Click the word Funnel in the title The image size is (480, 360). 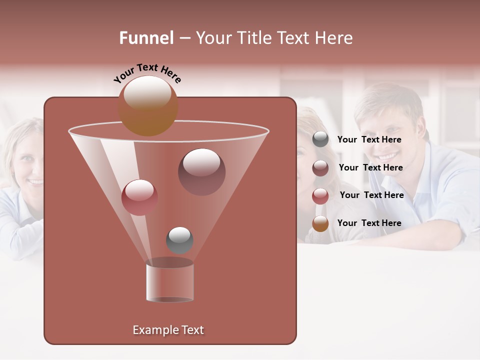[146, 38]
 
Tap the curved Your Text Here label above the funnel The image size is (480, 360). [147, 73]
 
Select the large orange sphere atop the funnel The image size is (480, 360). [148, 106]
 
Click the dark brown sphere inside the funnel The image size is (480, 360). [201, 171]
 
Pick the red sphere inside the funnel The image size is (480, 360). [139, 197]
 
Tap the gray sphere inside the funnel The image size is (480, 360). [179, 240]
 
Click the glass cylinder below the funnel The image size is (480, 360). [169, 281]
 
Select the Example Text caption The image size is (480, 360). [168, 330]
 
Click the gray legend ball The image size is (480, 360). [320, 139]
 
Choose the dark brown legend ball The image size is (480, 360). [320, 167]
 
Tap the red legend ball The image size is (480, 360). [320, 195]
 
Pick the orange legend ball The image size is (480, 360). [320, 223]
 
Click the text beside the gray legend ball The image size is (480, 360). [369, 139]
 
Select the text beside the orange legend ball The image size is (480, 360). [369, 223]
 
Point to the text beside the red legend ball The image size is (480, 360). [371, 195]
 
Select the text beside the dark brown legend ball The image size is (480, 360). [370, 167]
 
